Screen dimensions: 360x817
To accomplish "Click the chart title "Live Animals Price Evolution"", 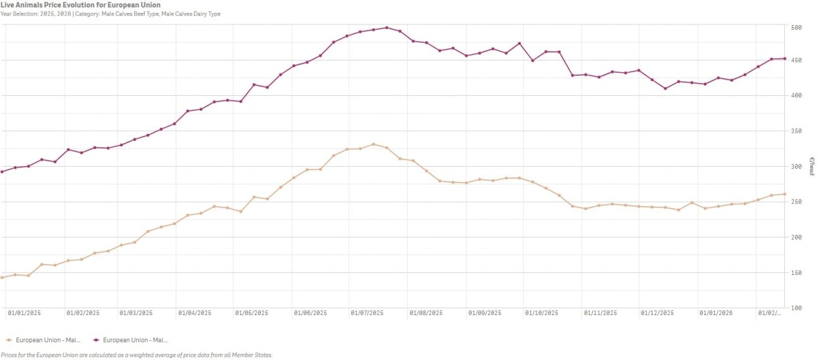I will pos(80,5).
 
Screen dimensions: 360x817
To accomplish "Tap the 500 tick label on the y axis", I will pos(796,28).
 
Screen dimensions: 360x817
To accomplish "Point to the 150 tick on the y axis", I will pos(796,273).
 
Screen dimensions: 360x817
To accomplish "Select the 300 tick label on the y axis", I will pos(796,167).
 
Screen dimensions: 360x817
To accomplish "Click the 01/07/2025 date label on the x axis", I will pos(368,313).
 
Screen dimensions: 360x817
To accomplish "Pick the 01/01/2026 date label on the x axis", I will pos(716,313).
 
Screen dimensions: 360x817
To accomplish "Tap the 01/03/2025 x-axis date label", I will pos(136,313).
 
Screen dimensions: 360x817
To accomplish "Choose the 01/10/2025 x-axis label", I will pos(542,313).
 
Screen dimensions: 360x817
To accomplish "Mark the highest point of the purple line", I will pos(387,28).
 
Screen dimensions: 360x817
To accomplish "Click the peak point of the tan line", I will pos(373,144).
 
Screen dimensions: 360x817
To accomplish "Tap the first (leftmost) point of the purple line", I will pos(2,171).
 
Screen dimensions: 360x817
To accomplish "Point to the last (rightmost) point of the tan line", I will pos(784,194).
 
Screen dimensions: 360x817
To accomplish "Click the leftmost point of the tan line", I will pos(2,278).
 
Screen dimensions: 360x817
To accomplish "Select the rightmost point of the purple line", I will pos(784,59).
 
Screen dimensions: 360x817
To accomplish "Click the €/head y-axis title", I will pos(812,167).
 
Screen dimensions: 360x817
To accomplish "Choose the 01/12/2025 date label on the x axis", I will pos(658,313).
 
